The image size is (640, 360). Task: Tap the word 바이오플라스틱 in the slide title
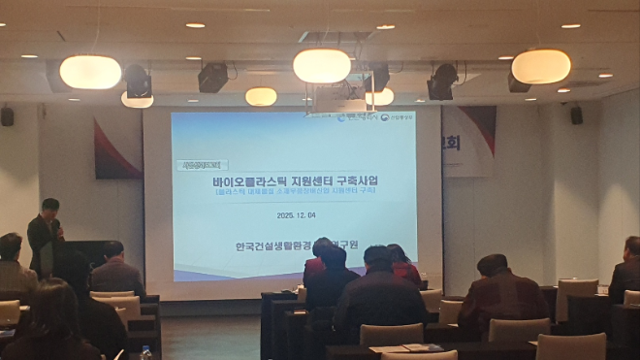[x=246, y=180]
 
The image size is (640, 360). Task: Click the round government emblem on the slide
[x=383, y=118]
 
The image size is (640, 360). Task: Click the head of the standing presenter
[x=49, y=207]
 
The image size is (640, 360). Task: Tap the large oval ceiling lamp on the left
[x=90, y=72]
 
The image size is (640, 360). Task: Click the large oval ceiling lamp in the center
[x=322, y=66]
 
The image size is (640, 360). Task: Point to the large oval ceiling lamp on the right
[x=541, y=66]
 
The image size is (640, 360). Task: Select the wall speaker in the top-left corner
[x=8, y=116]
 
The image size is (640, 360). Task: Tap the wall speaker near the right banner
[x=576, y=115]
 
